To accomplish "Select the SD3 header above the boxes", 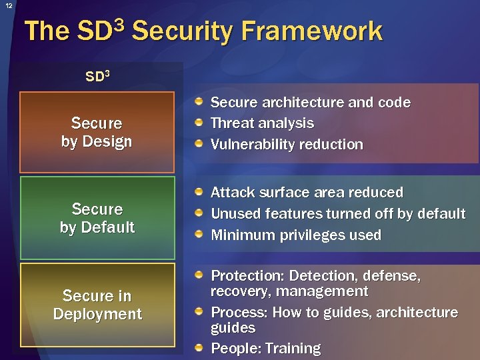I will pyautogui.click(x=98, y=76).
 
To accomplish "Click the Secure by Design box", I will pyautogui.click(x=97, y=132).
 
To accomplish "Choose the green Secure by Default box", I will pyautogui.click(x=97, y=218).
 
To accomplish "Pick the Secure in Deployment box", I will pyautogui.click(x=97, y=305).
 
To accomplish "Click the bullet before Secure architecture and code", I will pyautogui.click(x=199, y=102).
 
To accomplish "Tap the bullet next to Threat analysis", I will pyautogui.click(x=199, y=123).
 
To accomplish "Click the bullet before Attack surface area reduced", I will pyautogui.click(x=199, y=192).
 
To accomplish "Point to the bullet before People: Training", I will pyautogui.click(x=199, y=348).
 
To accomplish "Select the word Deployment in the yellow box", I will pyautogui.click(x=97, y=314).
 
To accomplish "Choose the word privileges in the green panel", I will pyautogui.click(x=312, y=235).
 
